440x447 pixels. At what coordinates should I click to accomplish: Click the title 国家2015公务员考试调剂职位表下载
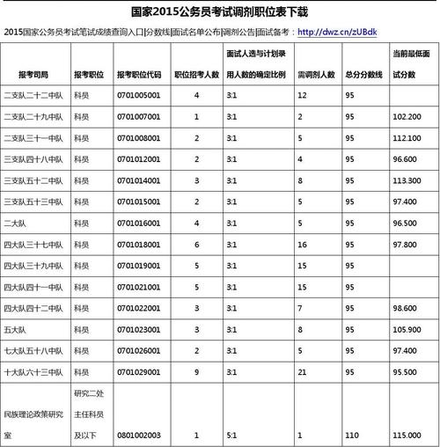tap(220, 11)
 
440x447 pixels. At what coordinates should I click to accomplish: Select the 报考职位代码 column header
tap(139, 75)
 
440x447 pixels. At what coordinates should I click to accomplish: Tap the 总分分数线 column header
tap(363, 75)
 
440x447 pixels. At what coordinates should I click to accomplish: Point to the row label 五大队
tap(15, 329)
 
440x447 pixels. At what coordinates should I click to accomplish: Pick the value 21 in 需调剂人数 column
tap(303, 371)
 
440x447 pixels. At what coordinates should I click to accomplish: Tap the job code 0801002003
tap(138, 435)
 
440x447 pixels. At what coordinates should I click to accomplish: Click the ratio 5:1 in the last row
tap(231, 435)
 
